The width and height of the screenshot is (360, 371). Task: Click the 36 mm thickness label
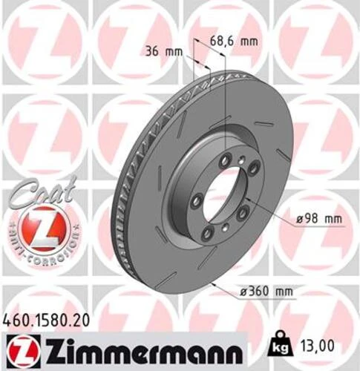(x=162, y=51)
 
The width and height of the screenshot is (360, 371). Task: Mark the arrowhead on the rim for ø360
(x=210, y=283)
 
